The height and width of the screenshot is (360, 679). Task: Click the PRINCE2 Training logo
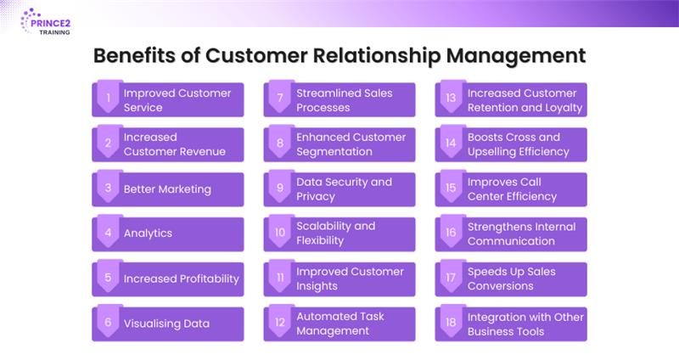tap(46, 20)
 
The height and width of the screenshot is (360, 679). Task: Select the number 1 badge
tap(109, 98)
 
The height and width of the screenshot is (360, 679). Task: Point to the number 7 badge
tap(280, 98)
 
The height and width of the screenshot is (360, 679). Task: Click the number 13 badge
tap(452, 98)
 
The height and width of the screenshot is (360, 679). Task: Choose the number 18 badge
tap(452, 323)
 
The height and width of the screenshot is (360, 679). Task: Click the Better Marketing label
tap(167, 189)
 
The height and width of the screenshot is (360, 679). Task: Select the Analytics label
tap(148, 233)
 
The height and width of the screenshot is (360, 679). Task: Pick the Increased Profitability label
tap(182, 278)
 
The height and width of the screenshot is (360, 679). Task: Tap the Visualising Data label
tap(166, 323)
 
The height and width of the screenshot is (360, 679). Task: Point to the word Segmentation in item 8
tap(334, 152)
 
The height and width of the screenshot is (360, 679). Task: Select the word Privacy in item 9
tap(316, 197)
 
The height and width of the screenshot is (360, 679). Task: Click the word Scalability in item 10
tap(325, 227)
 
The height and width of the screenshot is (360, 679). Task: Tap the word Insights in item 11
tap(317, 286)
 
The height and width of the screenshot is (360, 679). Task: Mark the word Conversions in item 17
tap(501, 286)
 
